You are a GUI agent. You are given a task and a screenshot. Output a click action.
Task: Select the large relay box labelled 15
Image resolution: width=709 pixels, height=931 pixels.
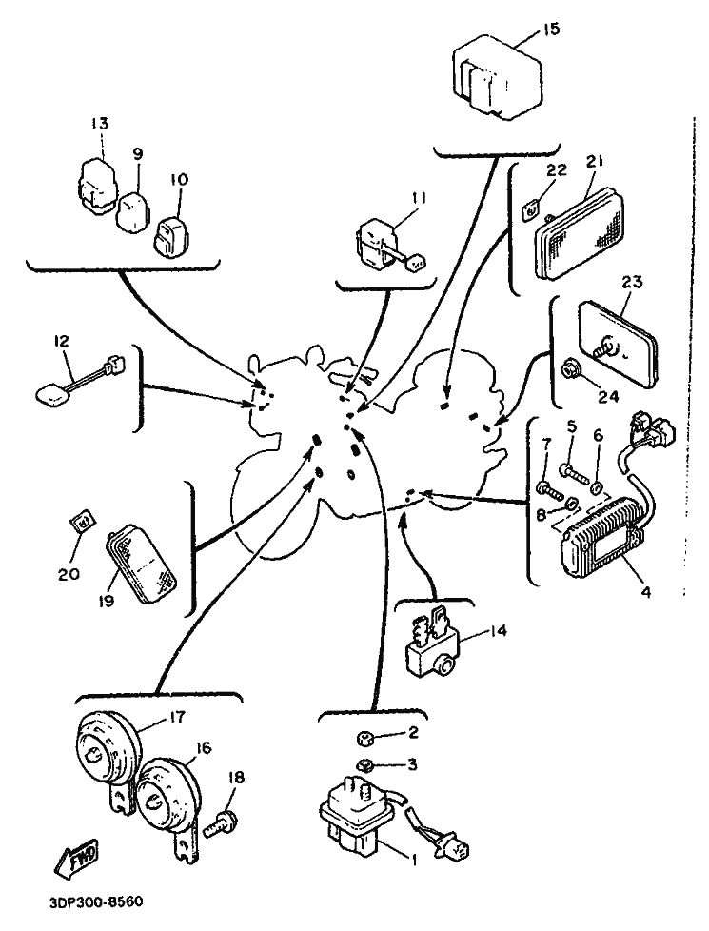click(494, 82)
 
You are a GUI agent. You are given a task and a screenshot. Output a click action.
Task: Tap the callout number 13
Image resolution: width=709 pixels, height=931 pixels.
click(101, 123)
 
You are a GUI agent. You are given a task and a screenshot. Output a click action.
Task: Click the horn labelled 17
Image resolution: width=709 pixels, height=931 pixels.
click(104, 752)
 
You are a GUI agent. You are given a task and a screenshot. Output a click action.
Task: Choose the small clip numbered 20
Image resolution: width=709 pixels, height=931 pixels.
click(83, 522)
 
